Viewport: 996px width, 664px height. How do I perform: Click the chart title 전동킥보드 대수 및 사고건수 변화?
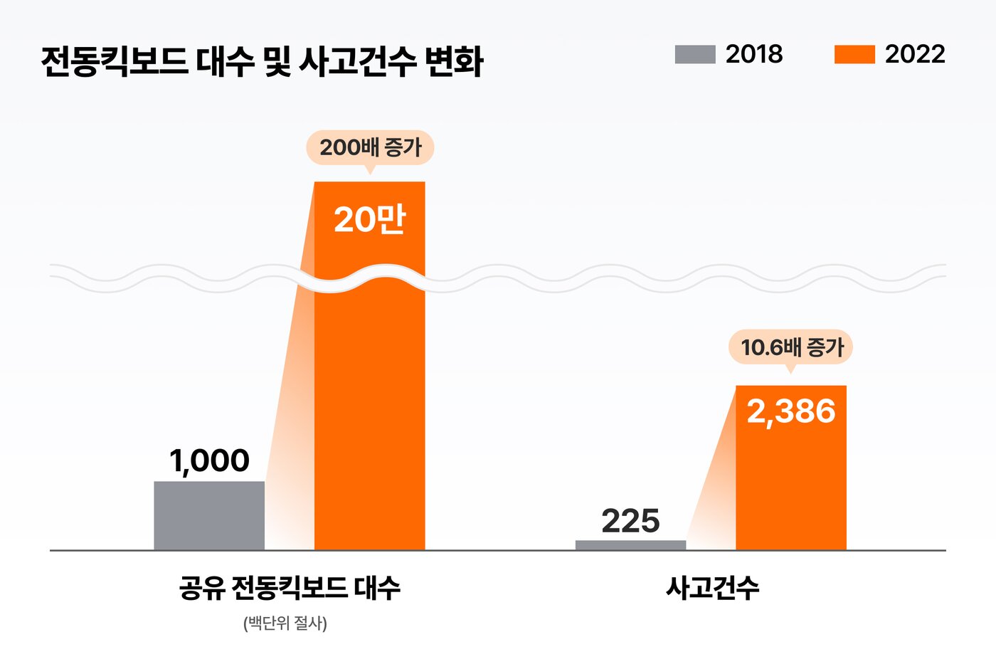click(262, 61)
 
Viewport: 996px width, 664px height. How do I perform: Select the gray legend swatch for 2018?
click(694, 55)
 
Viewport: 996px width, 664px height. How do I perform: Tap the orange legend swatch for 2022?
click(854, 55)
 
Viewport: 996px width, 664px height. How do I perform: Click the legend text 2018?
click(754, 54)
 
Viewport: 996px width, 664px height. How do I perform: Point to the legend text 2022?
click(915, 54)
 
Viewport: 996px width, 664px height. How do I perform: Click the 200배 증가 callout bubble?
click(370, 148)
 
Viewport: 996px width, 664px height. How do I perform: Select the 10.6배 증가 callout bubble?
click(790, 348)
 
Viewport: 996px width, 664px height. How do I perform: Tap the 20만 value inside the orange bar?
click(369, 218)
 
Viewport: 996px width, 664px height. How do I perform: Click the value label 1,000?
click(209, 461)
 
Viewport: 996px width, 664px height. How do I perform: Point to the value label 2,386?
click(791, 411)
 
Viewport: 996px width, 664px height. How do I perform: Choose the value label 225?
click(630, 521)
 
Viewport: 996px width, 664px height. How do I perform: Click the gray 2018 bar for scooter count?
click(209, 515)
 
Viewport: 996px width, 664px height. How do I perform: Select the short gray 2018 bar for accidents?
click(630, 545)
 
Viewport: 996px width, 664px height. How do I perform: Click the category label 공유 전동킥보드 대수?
click(289, 588)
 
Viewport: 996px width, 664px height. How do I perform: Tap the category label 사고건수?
click(712, 588)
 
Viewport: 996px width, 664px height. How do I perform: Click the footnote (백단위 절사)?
click(285, 623)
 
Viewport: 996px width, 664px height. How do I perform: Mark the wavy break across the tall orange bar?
click(369, 278)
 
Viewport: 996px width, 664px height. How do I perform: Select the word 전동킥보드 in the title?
click(115, 61)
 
